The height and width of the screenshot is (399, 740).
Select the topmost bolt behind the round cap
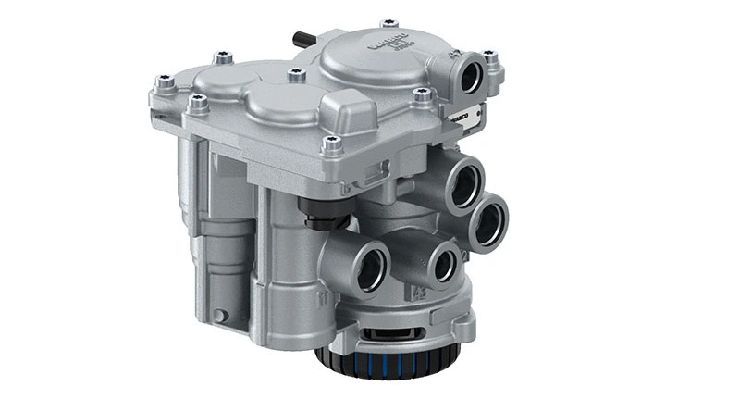point(389,22)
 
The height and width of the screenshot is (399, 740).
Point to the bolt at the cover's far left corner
point(166,82)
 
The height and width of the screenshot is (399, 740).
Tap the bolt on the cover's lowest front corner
point(332,144)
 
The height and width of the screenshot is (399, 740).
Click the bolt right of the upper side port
point(489,58)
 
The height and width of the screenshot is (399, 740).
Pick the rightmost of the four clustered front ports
point(487,222)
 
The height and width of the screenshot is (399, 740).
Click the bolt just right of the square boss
point(423,94)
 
